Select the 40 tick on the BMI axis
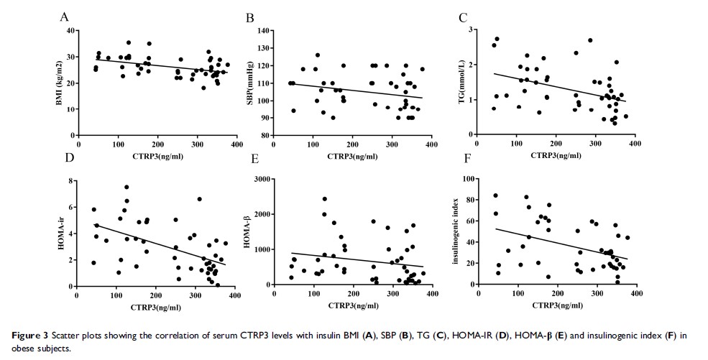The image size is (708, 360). [70, 31]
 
